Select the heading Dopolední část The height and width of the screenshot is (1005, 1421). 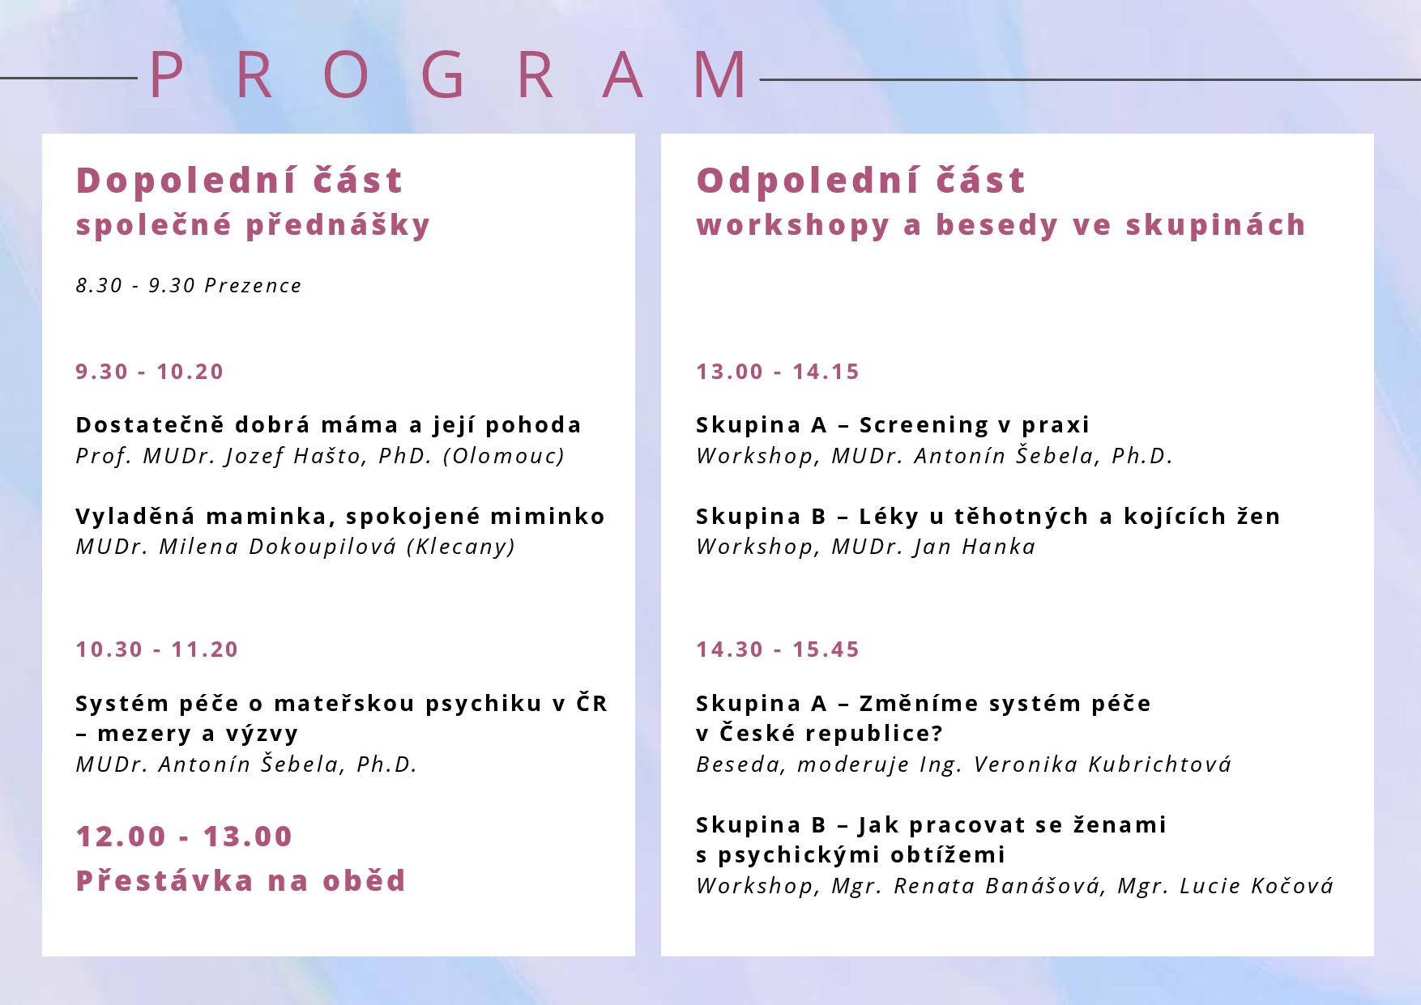pos(240,180)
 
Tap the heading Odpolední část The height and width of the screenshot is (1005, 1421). pos(861,180)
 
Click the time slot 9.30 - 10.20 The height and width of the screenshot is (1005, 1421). pos(150,372)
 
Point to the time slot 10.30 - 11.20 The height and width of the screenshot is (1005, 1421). pos(157,649)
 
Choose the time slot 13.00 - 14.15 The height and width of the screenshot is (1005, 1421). pos(778,372)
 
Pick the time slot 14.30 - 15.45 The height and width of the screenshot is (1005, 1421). pos(778,649)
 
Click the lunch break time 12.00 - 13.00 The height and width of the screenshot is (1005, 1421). pos(184,837)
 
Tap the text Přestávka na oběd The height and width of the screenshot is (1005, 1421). pos(241,880)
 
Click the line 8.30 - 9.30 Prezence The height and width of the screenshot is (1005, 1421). pos(189,286)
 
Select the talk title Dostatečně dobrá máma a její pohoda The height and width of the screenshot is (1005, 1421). pos(329,425)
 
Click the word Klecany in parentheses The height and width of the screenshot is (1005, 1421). pos(461,547)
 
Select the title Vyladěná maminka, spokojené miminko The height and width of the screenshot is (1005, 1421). pos(340,517)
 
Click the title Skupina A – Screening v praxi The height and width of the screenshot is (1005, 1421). pos(893,425)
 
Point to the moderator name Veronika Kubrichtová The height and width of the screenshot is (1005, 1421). pos(1103,764)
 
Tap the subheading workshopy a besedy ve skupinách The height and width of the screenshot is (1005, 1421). pos(1001,225)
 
